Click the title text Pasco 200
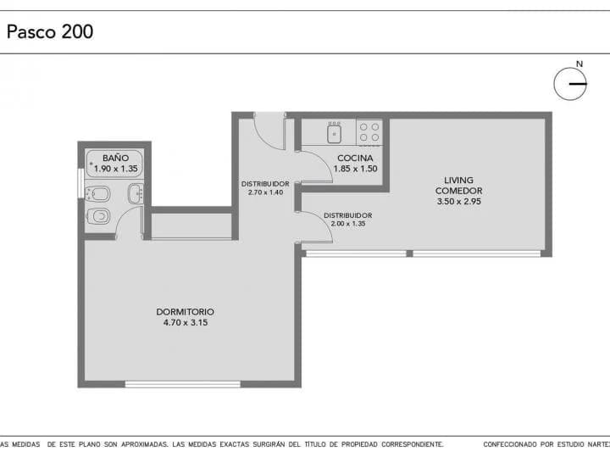(x=50, y=32)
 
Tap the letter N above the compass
(x=579, y=64)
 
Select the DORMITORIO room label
(x=186, y=312)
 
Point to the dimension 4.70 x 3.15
(x=186, y=323)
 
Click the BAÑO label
(x=115, y=158)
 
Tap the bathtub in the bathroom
(x=114, y=164)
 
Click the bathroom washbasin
(x=136, y=193)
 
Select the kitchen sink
(x=334, y=132)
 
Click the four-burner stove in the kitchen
(x=369, y=132)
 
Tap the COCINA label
(x=355, y=158)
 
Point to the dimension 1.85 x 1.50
(x=356, y=169)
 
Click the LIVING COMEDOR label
(x=458, y=185)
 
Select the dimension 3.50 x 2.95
(x=459, y=201)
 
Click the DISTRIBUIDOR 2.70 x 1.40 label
(x=265, y=188)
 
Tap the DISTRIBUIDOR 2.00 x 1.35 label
(x=348, y=219)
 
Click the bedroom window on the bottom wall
(x=182, y=385)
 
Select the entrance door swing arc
(x=263, y=139)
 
